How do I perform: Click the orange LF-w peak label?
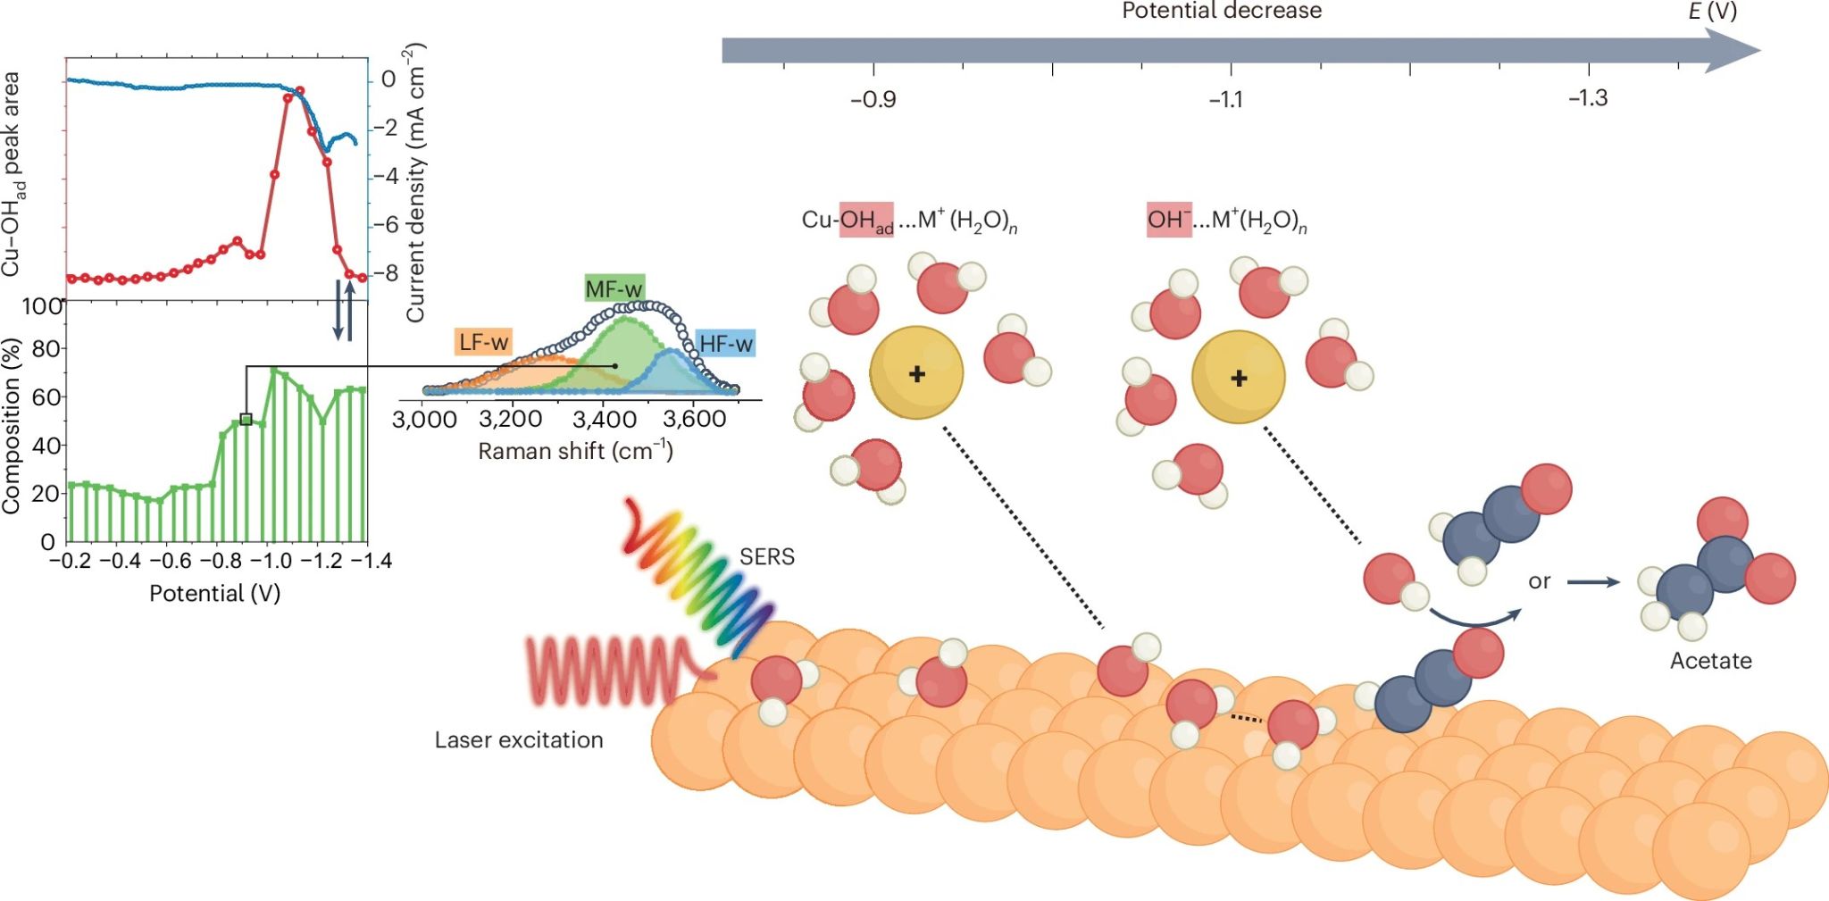tap(483, 342)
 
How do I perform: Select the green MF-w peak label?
tap(614, 288)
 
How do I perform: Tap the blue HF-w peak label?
tap(725, 344)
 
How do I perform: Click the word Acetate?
tap(1710, 661)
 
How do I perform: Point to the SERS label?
tap(766, 557)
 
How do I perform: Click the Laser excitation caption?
tap(519, 740)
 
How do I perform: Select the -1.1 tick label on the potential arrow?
tap(1226, 99)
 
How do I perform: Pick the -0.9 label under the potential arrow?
tap(873, 99)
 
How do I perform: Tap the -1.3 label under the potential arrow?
tap(1587, 98)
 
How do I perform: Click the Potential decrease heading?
tap(1221, 12)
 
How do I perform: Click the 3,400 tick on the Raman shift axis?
tap(603, 420)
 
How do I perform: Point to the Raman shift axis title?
tap(575, 451)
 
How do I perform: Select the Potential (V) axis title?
tap(214, 594)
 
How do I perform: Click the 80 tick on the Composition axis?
tap(45, 348)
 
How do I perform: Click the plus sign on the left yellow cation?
tap(916, 374)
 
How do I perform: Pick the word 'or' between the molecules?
tap(1539, 581)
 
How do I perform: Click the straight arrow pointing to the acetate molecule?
tap(1593, 582)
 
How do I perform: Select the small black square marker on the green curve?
tap(246, 419)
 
